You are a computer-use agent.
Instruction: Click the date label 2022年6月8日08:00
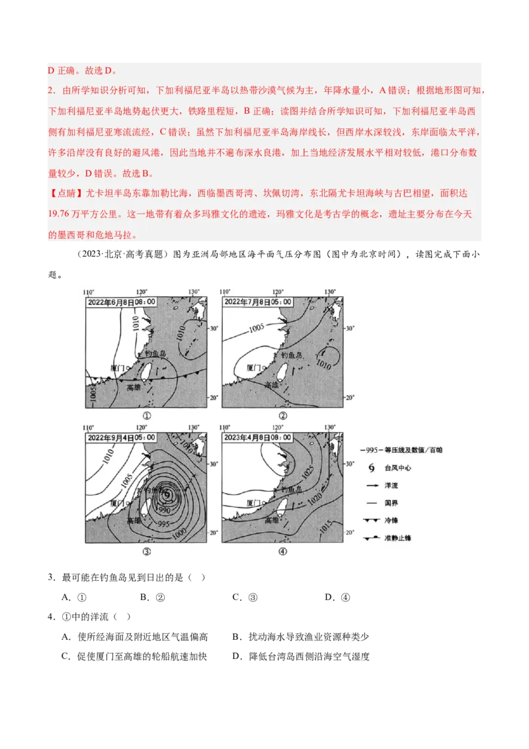pos(121,302)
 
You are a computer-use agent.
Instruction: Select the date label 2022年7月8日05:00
pos(257,302)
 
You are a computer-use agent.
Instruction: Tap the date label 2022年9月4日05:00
pos(121,437)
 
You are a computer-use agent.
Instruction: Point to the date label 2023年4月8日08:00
pos(257,437)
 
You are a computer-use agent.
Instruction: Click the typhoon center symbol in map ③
pos(167,494)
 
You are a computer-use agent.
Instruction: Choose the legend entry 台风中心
pos(397,468)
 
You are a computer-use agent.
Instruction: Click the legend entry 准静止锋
pos(397,538)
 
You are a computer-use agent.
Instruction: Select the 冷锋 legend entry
pos(393,520)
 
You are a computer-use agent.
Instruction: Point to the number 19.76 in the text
pos(63,214)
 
